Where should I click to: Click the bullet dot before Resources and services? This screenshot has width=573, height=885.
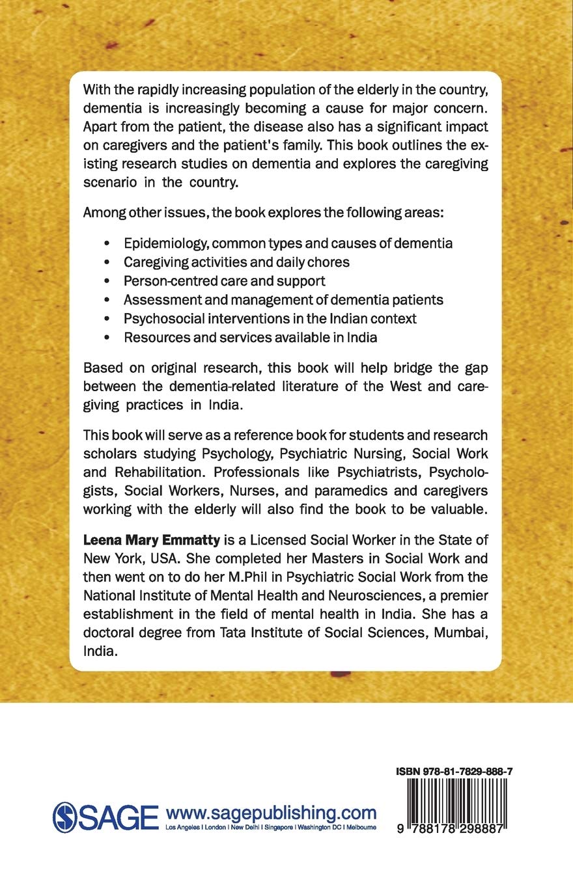tap(106, 338)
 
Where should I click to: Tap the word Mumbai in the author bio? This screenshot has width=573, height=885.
tap(445, 615)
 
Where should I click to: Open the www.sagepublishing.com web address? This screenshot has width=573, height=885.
tap(272, 813)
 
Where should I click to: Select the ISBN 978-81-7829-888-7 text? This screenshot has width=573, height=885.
tap(454, 771)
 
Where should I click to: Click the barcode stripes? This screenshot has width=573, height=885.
tap(454, 802)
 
